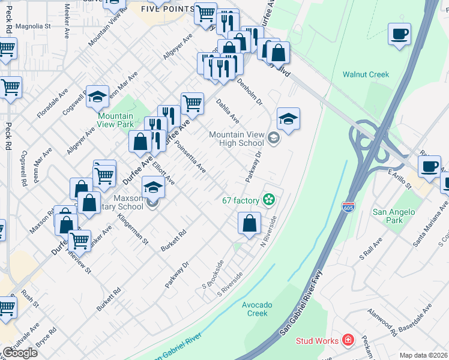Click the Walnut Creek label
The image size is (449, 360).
coord(366,75)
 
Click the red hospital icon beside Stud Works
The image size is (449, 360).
coord(347,341)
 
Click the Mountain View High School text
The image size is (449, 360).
coord(236,139)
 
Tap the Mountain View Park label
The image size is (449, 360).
coord(115,120)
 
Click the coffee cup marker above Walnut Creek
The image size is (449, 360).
coord(399,34)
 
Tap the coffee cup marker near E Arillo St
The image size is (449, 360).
coord(429,167)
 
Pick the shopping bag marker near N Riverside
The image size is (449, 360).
coord(249,223)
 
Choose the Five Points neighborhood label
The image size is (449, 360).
coord(167,9)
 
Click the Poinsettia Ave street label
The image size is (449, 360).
coord(190,158)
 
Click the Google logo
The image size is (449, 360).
coord(20,353)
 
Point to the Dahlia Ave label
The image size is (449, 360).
coord(228,112)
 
